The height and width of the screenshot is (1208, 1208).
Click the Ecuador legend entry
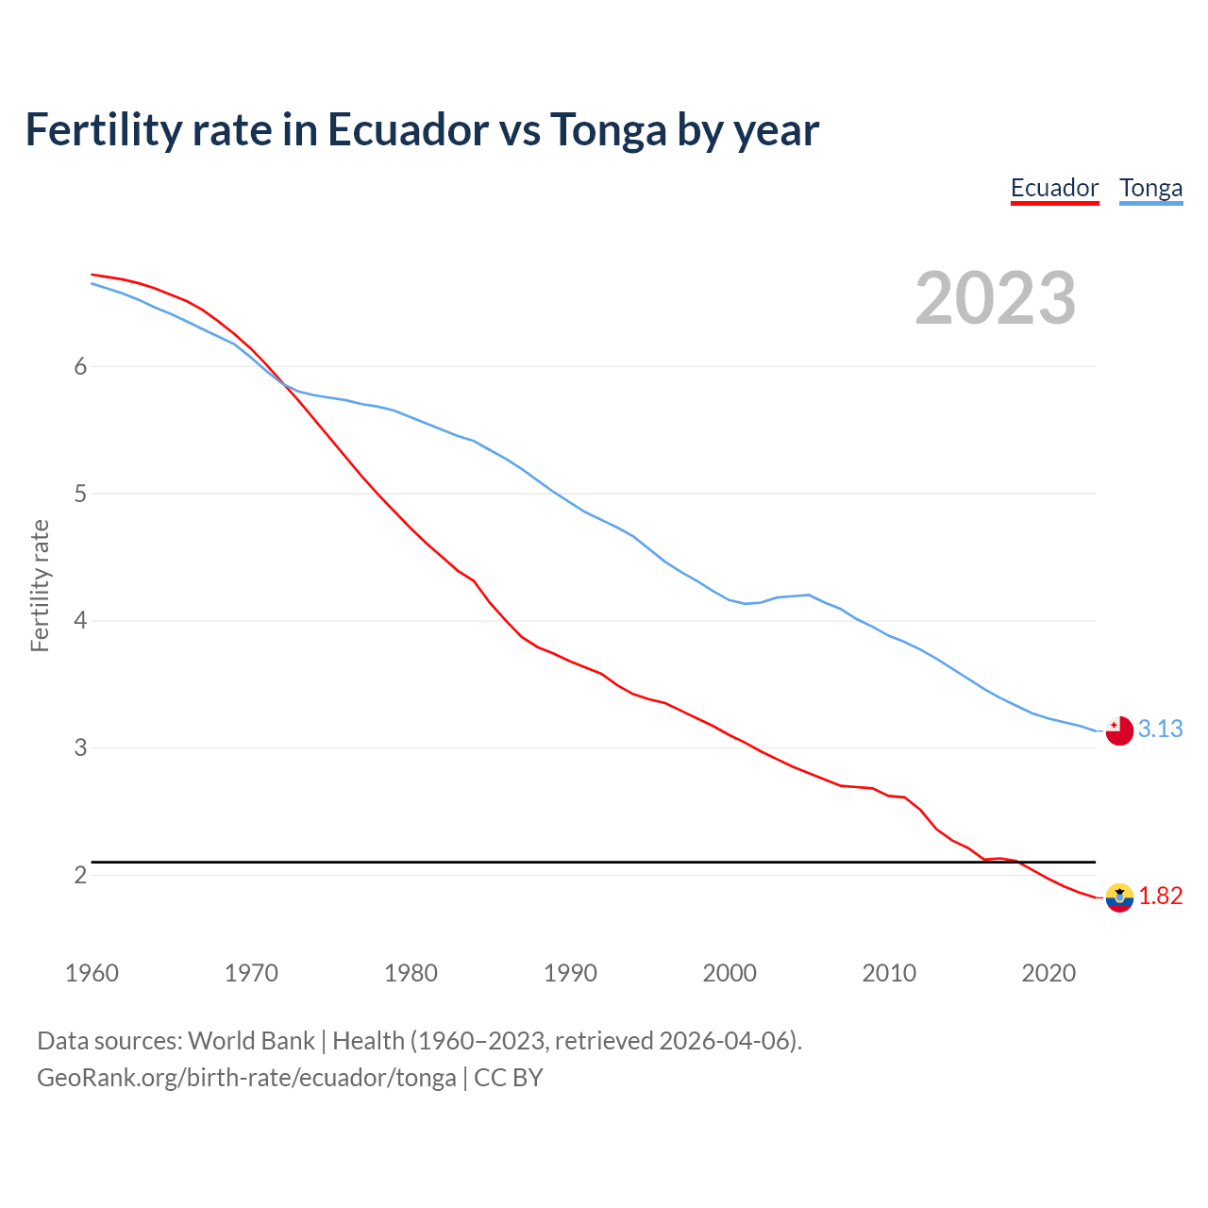[1054, 188]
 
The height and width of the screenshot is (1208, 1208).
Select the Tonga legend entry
[1150, 188]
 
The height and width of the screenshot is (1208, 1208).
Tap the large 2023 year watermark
[996, 298]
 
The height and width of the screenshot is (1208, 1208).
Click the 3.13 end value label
[1160, 729]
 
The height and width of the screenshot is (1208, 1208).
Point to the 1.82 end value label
[1160, 896]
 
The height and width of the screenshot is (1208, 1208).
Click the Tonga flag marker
[1119, 730]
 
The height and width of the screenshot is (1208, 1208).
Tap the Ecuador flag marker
[1119, 898]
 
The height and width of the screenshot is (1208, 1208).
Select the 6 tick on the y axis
[80, 366]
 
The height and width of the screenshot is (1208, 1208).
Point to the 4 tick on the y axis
[80, 621]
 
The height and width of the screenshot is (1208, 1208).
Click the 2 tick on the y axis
[80, 875]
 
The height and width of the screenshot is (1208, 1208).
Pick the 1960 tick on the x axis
[92, 973]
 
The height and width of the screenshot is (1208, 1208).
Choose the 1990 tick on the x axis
[570, 973]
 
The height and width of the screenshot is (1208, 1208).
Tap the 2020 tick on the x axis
[1049, 973]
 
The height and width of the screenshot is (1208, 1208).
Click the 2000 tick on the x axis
[730, 973]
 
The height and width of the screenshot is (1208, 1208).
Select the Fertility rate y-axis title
[40, 585]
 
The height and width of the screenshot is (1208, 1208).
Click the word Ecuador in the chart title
[408, 129]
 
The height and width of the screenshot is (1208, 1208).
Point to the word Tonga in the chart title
[609, 129]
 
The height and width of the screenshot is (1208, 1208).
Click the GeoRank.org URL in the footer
[246, 1077]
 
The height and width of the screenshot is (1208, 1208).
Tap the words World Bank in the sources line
[251, 1040]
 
